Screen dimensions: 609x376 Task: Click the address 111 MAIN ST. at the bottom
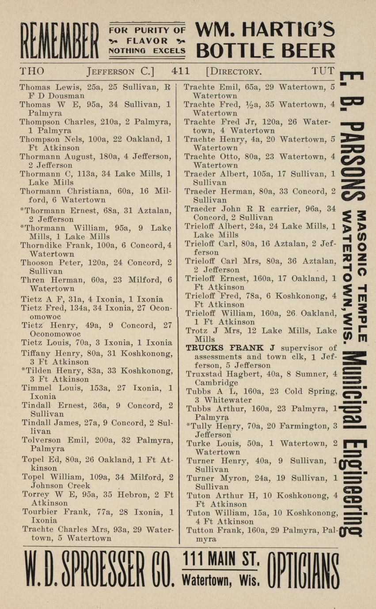[221, 560]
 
